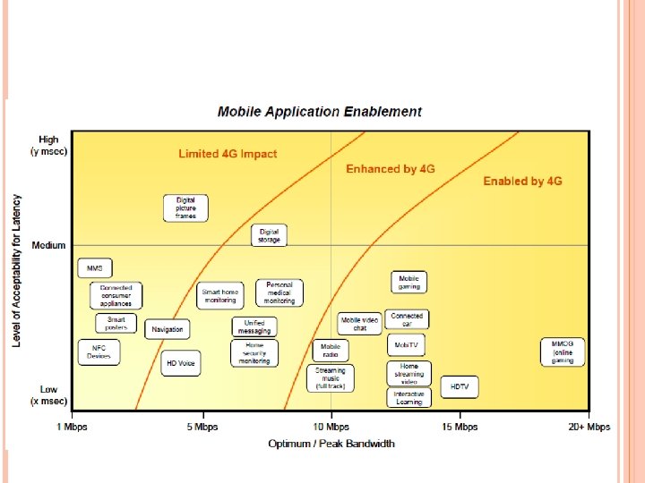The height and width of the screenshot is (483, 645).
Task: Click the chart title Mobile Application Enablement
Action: (x=320, y=112)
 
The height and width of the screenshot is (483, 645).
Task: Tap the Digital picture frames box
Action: (x=186, y=208)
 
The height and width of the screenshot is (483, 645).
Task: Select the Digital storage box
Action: (x=269, y=235)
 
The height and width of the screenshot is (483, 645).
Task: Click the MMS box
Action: (x=94, y=267)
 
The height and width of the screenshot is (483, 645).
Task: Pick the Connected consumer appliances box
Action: (x=116, y=295)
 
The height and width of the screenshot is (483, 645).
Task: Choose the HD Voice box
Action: (x=180, y=363)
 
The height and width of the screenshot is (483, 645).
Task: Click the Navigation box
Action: (x=168, y=329)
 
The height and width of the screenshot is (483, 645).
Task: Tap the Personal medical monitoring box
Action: (x=279, y=292)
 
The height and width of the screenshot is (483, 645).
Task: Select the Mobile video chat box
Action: (x=359, y=323)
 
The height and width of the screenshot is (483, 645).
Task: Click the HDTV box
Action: (x=460, y=386)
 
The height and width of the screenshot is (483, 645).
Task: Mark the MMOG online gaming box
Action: (x=563, y=352)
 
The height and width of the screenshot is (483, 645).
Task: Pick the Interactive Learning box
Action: (x=409, y=397)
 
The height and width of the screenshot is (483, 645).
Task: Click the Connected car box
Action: (x=408, y=319)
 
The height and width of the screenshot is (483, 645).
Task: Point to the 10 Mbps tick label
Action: (x=331, y=427)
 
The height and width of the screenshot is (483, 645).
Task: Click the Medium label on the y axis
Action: (x=48, y=245)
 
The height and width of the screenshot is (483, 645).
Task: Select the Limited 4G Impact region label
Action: (x=228, y=154)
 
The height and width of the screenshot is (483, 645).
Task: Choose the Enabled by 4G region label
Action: (x=522, y=181)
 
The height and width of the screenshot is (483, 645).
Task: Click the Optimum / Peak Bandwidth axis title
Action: (x=331, y=444)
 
